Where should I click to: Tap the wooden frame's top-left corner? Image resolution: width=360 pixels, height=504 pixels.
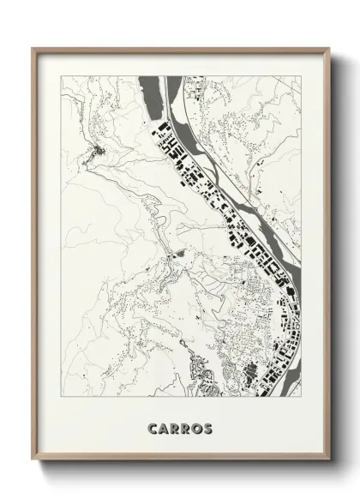click(33, 48)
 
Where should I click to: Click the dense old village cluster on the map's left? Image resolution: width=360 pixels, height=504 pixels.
click(96, 154)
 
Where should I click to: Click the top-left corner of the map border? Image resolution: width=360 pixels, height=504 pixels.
click(58, 75)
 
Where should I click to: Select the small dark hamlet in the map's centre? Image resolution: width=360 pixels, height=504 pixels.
click(179, 255)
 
